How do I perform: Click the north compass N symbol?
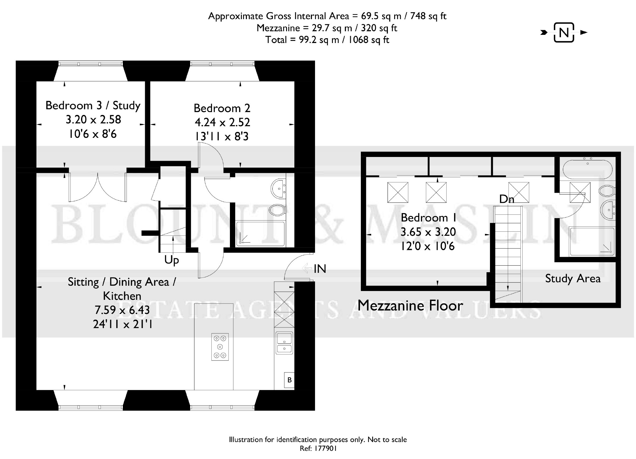point(564,32)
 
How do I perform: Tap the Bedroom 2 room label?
point(222,108)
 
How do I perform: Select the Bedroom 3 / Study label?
point(93,105)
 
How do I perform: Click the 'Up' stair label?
point(171,260)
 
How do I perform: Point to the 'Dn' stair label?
point(507,199)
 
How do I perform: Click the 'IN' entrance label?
point(320,269)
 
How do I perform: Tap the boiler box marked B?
point(289,380)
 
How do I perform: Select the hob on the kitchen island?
point(220,347)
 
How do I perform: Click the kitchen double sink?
point(284,343)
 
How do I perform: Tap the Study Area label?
point(573,278)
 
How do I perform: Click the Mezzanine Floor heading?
point(410,305)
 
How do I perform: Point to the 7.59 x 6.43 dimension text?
point(122,310)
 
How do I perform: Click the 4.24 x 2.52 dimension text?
point(222,122)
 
